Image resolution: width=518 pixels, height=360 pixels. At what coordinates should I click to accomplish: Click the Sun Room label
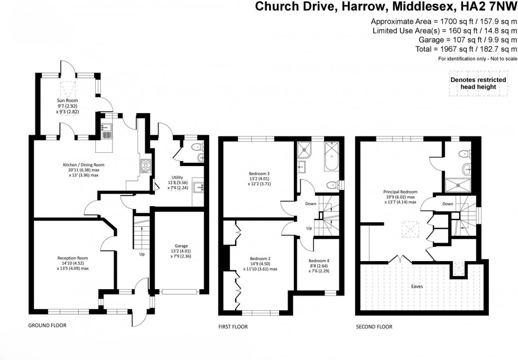click(67, 99)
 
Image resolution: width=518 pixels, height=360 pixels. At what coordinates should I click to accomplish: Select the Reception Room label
click(72, 258)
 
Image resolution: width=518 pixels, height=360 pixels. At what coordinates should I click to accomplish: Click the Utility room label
click(177, 177)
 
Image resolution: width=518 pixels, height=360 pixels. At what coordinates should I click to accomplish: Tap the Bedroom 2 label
click(259, 259)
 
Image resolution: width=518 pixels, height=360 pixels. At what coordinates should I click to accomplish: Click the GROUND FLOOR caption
click(47, 326)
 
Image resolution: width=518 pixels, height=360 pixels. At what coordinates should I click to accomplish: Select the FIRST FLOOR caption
click(233, 327)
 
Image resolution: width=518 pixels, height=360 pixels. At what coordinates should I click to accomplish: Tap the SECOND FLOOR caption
click(374, 327)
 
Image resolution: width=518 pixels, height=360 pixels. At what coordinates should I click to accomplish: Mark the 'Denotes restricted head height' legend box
click(474, 84)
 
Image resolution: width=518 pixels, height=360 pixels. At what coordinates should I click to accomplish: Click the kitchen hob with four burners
click(145, 166)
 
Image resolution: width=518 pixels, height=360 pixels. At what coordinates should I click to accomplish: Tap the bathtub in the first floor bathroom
click(332, 156)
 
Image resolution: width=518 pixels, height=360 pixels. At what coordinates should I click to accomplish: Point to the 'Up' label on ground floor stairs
click(142, 254)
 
